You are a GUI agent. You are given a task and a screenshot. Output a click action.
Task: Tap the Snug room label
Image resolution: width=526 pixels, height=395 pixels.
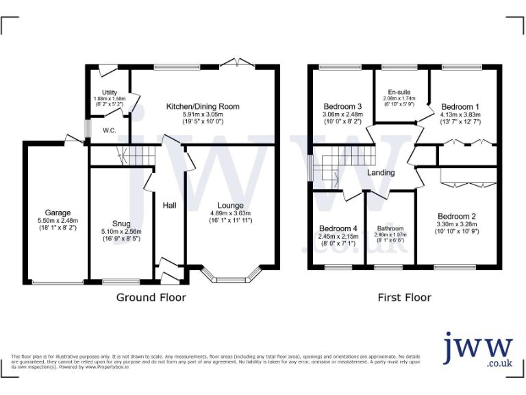click(122, 224)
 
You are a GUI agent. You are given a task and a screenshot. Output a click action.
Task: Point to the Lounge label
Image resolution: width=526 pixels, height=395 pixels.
click(231, 205)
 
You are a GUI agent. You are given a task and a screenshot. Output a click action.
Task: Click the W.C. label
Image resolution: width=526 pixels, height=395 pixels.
click(108, 130)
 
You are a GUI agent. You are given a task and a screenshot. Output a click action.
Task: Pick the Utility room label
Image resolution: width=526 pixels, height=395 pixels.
click(110, 93)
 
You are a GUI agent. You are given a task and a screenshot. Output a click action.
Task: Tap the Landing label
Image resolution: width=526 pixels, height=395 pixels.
click(381, 173)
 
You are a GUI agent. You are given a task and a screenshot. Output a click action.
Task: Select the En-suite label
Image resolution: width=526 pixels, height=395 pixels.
click(399, 92)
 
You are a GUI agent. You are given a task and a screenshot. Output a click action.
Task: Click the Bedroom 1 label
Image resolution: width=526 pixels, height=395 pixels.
click(460, 107)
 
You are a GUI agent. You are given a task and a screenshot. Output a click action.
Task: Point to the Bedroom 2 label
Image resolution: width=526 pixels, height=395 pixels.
click(457, 216)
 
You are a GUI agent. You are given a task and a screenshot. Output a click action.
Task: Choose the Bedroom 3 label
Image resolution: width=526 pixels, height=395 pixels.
click(342, 107)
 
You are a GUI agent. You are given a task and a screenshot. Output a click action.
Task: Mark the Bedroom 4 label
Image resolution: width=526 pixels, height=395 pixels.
click(338, 228)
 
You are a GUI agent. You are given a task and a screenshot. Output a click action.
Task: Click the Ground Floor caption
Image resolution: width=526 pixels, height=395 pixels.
click(151, 298)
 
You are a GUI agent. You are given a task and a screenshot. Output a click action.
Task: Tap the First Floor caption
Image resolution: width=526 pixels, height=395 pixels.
click(404, 298)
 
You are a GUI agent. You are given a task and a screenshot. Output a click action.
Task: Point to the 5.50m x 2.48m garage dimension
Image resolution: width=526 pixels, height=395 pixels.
click(58, 221)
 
